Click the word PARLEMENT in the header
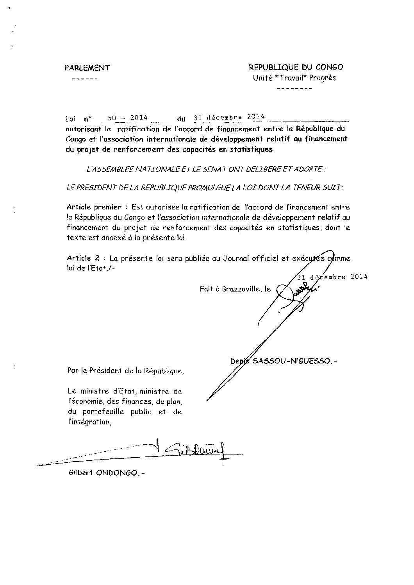(x=87, y=68)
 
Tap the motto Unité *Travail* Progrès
(x=294, y=77)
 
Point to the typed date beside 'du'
(x=229, y=117)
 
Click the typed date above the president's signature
(x=332, y=277)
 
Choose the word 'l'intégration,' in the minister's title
(x=89, y=422)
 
